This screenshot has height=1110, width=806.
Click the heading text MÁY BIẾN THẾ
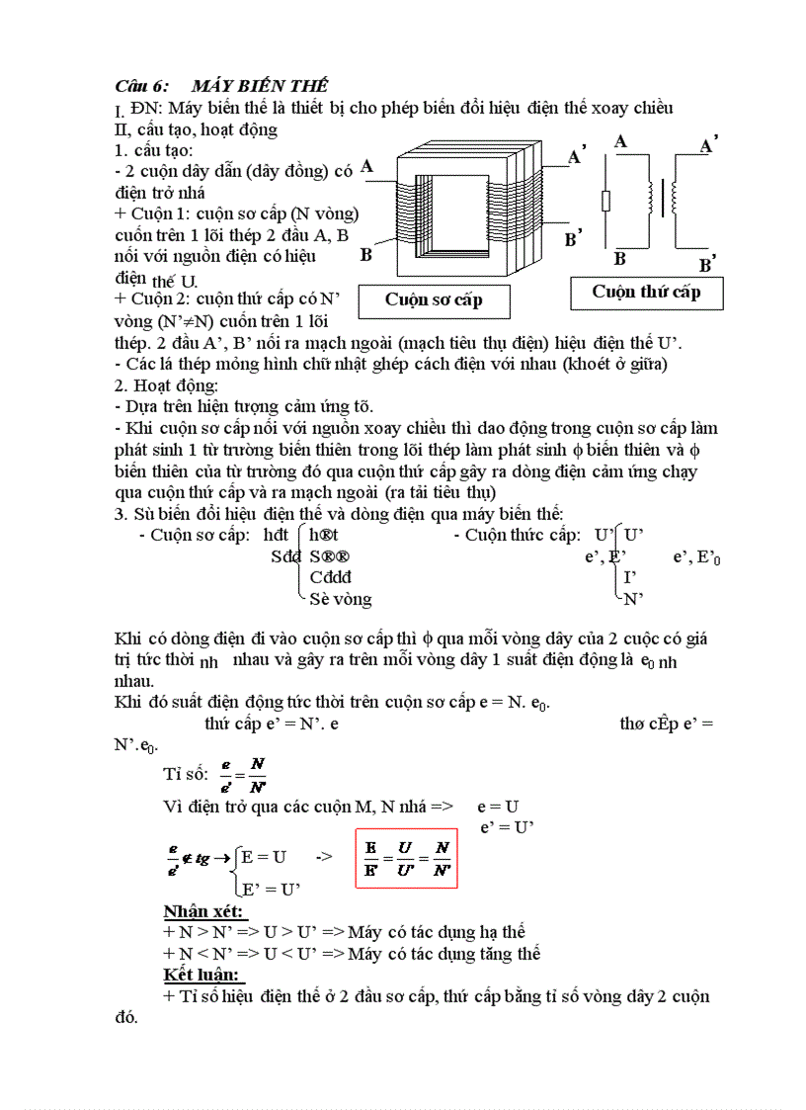point(261,87)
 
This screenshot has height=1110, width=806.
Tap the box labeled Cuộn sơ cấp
point(434,300)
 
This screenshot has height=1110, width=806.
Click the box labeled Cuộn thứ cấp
point(646,292)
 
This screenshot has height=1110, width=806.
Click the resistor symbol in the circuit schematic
point(605,202)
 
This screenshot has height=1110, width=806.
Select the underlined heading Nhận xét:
point(204,911)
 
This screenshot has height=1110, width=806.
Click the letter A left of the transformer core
point(366,167)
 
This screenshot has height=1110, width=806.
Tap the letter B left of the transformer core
point(366,255)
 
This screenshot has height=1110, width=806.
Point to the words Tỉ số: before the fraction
point(186,773)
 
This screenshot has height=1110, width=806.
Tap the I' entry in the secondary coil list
point(629,577)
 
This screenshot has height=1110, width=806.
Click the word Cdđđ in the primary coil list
point(330,577)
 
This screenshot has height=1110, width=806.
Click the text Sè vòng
point(341,599)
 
